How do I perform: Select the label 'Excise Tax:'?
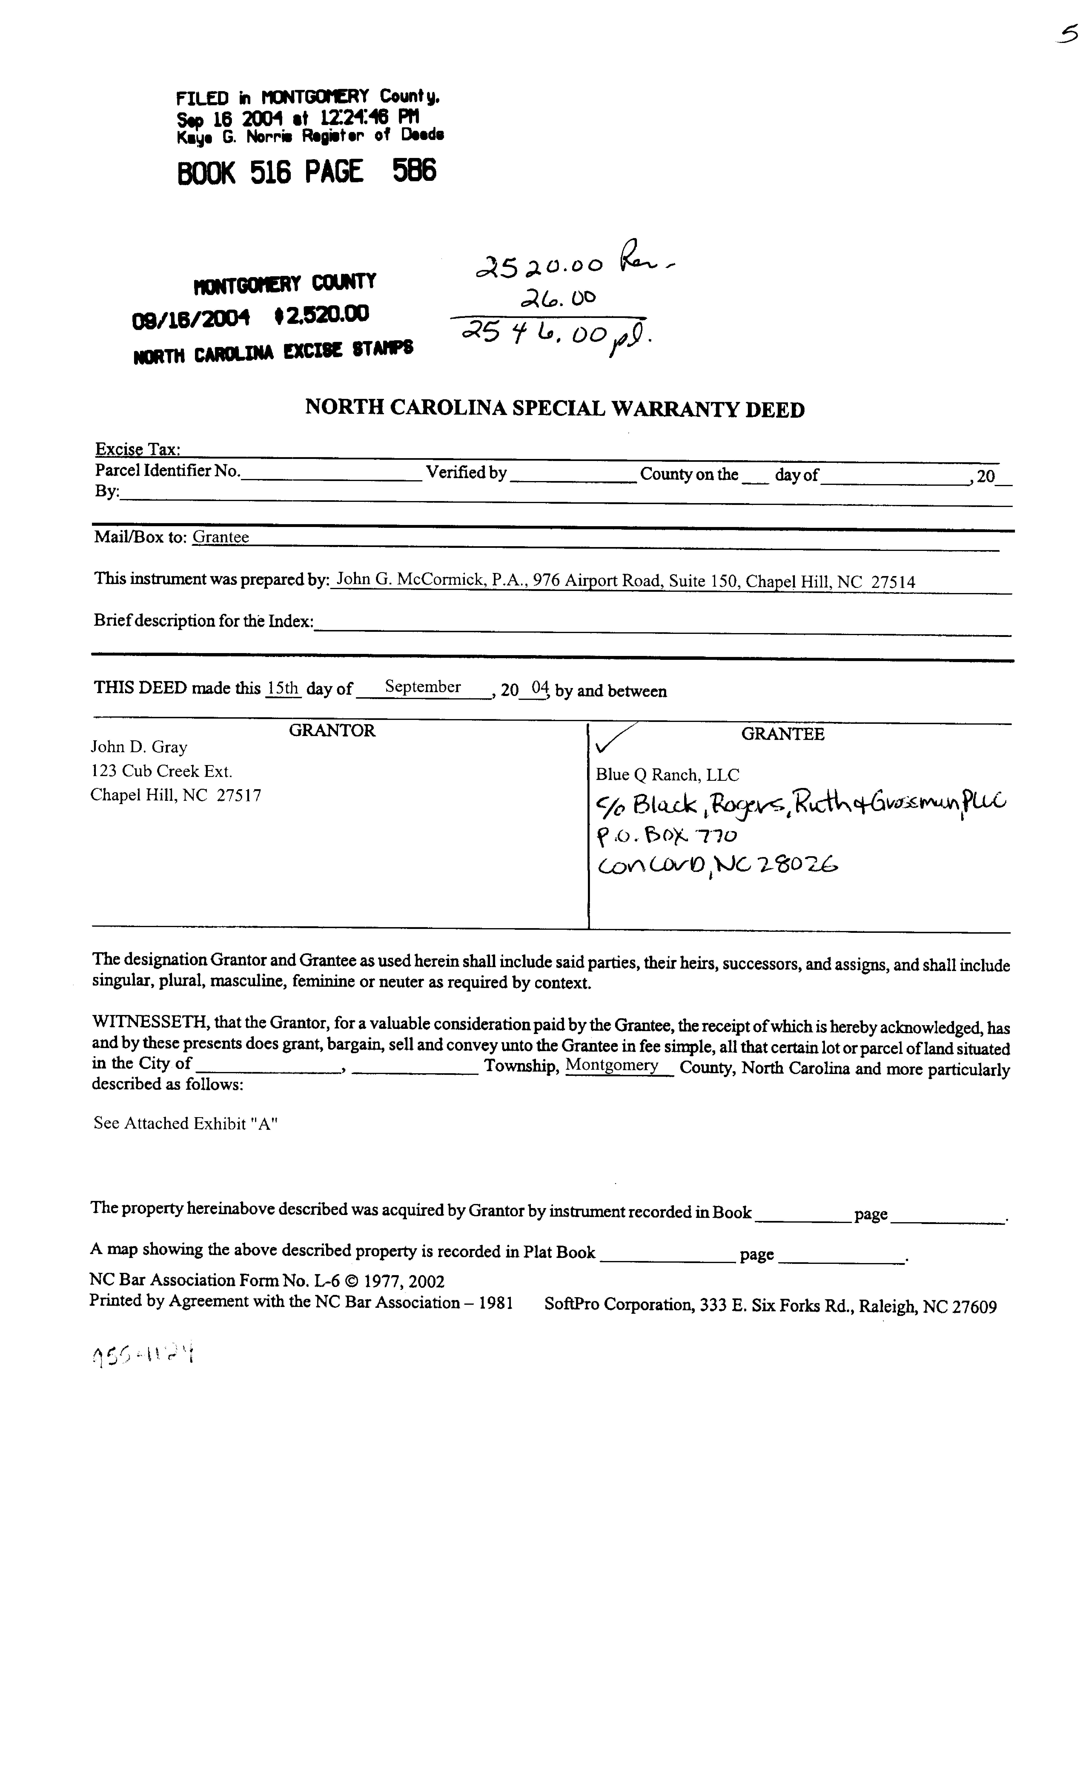138,449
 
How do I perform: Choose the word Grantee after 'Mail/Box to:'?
221,537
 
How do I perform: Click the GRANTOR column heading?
332,731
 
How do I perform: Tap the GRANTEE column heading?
782,734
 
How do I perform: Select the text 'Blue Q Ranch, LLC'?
667,774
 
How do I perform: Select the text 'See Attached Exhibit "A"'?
186,1123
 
